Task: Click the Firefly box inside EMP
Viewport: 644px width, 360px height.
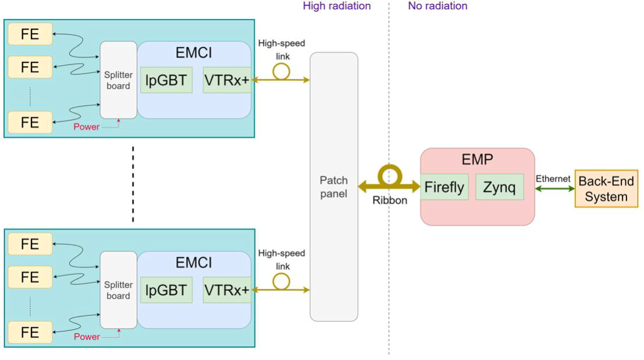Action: click(x=444, y=187)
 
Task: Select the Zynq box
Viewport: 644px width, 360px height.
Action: click(x=499, y=187)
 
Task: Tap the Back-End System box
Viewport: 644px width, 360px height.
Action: click(x=606, y=189)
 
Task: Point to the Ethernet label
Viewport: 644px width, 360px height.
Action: click(x=553, y=179)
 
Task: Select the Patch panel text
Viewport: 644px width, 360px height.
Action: click(x=333, y=187)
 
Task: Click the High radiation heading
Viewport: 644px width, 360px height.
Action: click(x=336, y=6)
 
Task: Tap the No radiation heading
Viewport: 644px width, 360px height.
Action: click(x=437, y=6)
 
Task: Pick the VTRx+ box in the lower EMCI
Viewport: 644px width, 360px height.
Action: click(x=226, y=290)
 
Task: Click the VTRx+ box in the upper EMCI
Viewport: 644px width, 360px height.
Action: click(x=226, y=80)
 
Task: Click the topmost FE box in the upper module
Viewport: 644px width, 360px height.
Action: click(x=30, y=34)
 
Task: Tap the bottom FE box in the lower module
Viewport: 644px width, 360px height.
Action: click(x=30, y=333)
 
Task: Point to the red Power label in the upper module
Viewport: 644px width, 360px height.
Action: click(x=86, y=127)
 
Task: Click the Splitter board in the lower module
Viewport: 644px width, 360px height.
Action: click(x=118, y=290)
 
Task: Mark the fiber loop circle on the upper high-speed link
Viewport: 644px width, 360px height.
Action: click(x=282, y=71)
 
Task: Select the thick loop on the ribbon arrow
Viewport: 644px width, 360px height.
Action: click(x=389, y=175)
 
